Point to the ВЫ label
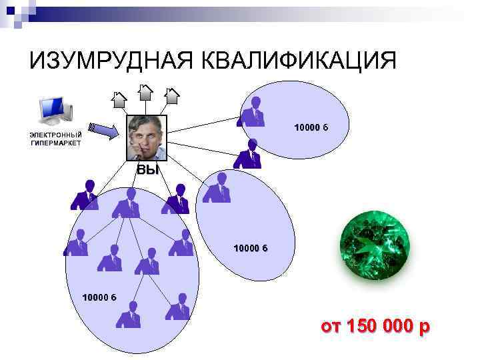click(148, 170)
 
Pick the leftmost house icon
click(119, 99)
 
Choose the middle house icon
click(145, 93)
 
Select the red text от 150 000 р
click(375, 327)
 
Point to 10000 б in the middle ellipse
click(250, 248)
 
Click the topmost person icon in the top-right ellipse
click(252, 112)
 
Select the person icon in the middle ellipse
click(217, 187)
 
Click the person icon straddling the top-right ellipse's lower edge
click(248, 154)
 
